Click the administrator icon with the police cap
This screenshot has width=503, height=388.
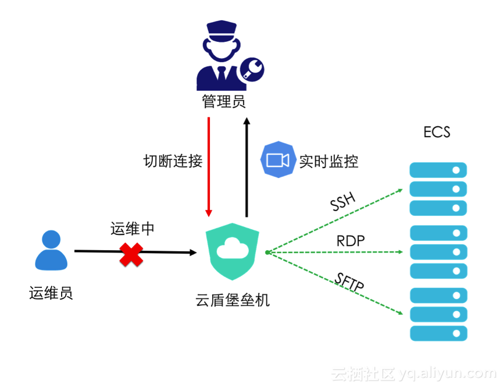(224, 55)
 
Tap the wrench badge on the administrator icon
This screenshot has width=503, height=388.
(252, 69)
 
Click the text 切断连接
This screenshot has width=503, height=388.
(173, 161)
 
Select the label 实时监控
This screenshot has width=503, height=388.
(329, 161)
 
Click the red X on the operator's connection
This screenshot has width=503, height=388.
(131, 254)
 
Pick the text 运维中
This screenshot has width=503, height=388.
(133, 229)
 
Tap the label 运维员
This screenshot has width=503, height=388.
(51, 293)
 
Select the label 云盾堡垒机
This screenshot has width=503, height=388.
(233, 301)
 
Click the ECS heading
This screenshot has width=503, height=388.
(437, 132)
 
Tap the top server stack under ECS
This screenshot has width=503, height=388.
(438, 189)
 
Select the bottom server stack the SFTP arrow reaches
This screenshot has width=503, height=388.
(438, 314)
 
